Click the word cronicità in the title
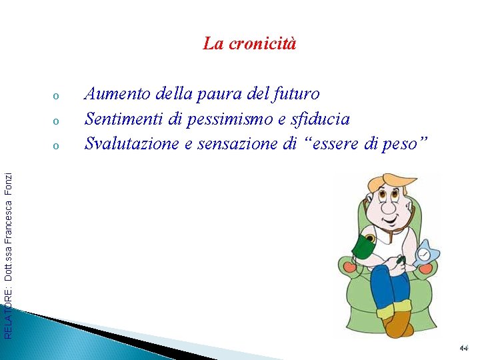tap(262, 44)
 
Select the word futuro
tap(297, 95)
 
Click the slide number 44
tap(464, 348)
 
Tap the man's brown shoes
tap(399, 325)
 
